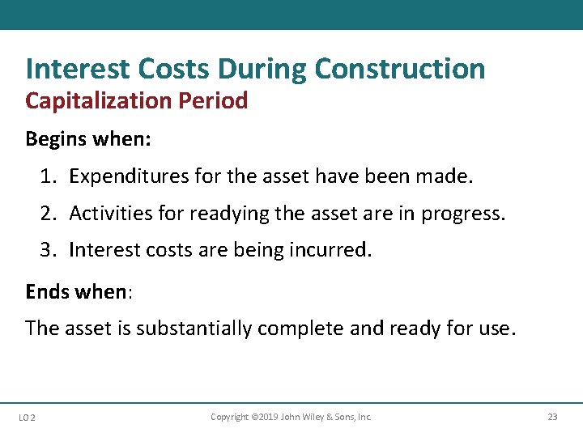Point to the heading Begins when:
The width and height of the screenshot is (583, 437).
88,138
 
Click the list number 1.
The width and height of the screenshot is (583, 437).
48,176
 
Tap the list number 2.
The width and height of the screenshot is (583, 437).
48,213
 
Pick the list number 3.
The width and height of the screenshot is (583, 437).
48,250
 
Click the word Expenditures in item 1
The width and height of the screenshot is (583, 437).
126,176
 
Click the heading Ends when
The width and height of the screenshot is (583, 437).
76,291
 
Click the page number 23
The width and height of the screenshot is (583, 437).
552,417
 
